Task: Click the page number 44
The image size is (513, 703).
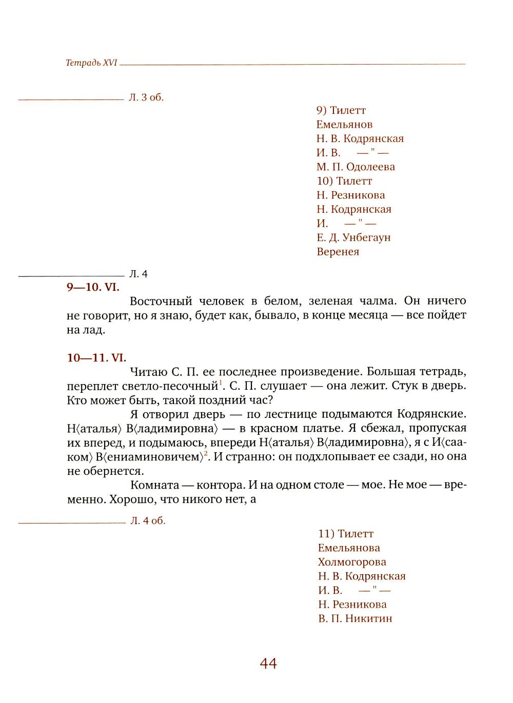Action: point(268,664)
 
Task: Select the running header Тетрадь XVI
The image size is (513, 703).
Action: point(92,63)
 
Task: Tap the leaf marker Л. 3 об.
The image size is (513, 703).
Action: point(146,97)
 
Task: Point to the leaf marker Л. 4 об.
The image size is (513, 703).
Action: point(148,521)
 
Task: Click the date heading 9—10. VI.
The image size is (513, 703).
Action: point(93,287)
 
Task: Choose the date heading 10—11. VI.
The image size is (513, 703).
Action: point(96,358)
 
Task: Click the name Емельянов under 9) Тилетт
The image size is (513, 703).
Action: point(344,125)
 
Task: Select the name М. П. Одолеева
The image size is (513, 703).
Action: point(356,167)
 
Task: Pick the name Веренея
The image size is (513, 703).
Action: point(338,252)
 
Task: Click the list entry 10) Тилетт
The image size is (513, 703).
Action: point(344,181)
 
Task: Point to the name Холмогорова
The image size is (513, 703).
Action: point(352,562)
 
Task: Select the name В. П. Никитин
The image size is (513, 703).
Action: point(355,618)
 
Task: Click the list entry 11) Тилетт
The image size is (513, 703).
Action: point(346,534)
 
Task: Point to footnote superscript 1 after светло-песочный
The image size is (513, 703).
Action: point(220,383)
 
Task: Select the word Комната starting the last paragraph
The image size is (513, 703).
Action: point(154,485)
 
